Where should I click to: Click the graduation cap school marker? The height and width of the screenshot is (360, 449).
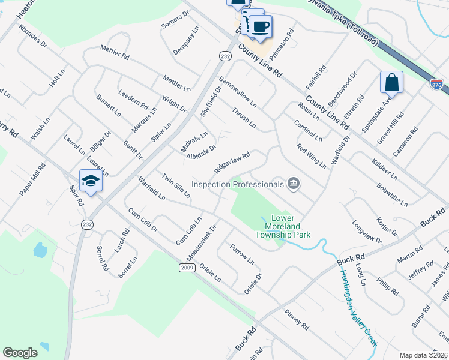coord(91,181)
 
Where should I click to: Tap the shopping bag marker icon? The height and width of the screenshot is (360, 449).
coord(391,82)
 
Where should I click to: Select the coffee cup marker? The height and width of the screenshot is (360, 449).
coord(261,26)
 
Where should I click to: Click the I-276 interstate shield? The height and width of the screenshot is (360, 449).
coord(437,86)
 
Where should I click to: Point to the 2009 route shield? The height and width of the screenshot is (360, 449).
coord(188,268)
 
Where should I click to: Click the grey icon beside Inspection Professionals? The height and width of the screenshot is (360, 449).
coord(294,184)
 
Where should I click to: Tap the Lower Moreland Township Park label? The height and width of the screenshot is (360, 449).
coord(291,226)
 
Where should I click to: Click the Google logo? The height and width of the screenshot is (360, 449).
coord(20,353)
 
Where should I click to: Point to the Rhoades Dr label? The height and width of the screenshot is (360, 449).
coord(32,36)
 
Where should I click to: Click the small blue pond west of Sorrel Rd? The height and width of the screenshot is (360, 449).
coord(40,250)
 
